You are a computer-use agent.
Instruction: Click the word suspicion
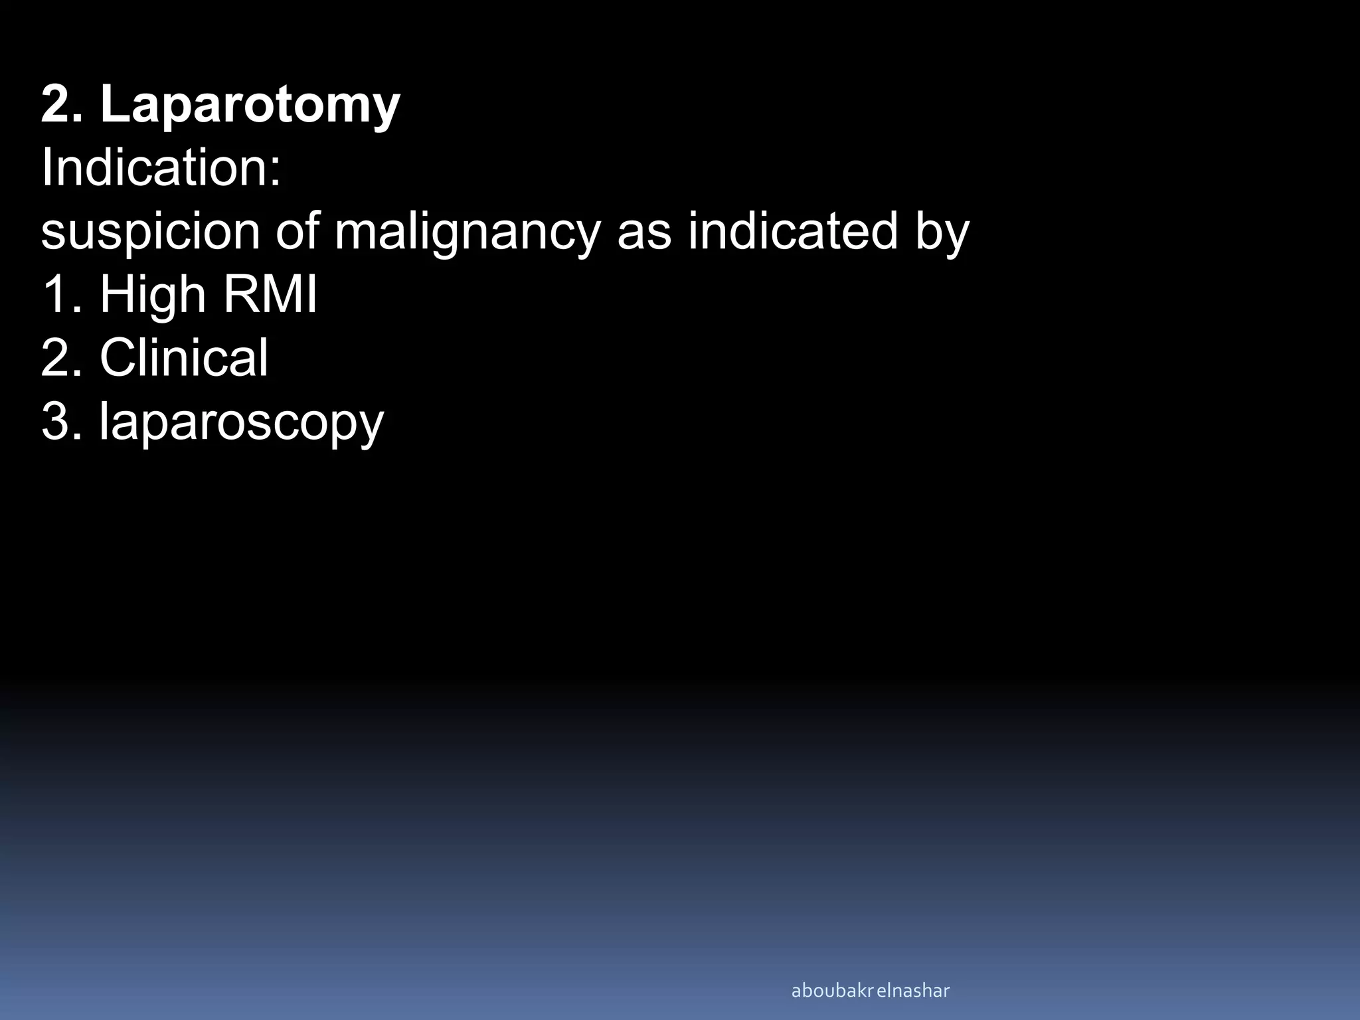[150, 232]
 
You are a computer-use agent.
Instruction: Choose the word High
[152, 295]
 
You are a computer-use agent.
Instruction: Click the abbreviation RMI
[270, 295]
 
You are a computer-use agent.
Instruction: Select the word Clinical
[184, 358]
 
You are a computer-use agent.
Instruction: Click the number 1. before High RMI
[62, 295]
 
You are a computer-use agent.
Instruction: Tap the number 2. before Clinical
[62, 358]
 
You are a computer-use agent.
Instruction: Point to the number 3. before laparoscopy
[62, 421]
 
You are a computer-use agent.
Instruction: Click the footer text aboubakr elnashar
[870, 991]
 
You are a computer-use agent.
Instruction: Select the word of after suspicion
[296, 232]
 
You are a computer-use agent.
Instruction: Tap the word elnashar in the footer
[913, 991]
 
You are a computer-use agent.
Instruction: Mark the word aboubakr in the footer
[832, 991]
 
